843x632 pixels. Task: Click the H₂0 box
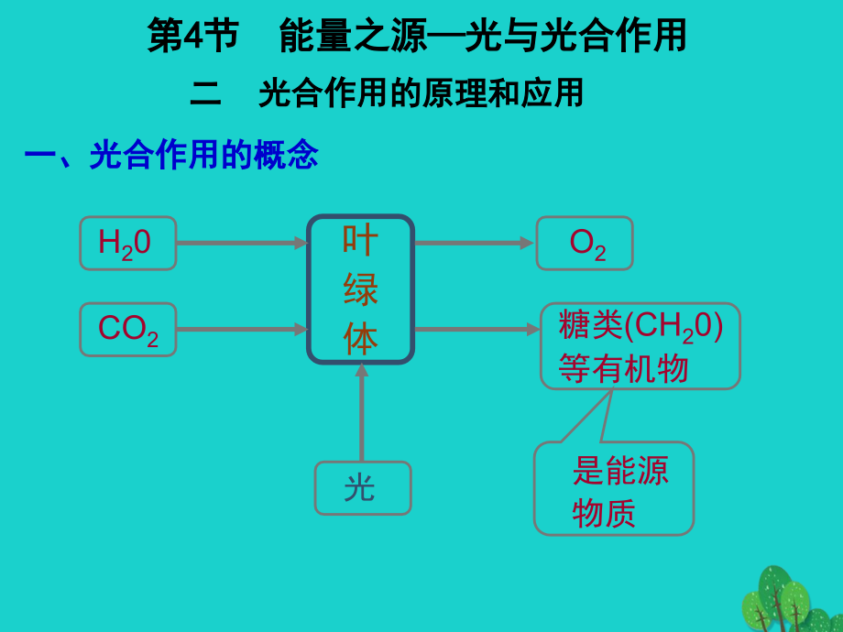coord(127,243)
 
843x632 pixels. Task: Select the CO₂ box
coord(127,329)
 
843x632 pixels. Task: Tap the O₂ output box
coord(585,243)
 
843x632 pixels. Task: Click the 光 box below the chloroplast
coord(362,487)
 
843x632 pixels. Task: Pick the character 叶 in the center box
coord(360,241)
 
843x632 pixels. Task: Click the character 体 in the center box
coord(360,340)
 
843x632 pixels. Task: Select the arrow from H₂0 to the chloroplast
coord(241,243)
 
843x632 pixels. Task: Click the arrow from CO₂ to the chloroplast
coord(241,329)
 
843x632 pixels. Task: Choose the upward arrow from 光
coord(361,412)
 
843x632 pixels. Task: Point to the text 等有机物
coord(623,368)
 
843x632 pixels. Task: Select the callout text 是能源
coord(620,470)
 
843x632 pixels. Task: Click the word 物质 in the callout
coord(604,513)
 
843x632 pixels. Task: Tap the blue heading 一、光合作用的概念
coord(171,155)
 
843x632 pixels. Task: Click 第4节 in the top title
coord(192,36)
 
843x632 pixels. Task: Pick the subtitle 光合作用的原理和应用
coord(421,93)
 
